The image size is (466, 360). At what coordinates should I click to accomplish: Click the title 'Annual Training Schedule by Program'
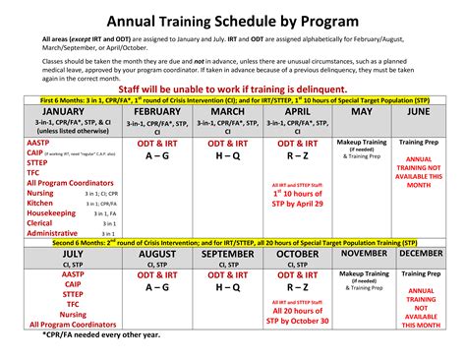click(233, 21)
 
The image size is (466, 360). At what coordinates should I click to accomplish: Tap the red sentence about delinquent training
click(232, 89)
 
